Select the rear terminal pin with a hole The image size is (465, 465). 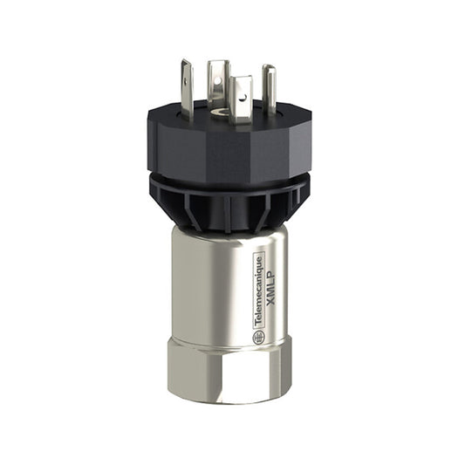point(218,79)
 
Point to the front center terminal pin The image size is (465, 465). point(241,93)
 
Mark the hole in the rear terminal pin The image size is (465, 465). point(218,73)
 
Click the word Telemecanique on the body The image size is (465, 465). point(258,289)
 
